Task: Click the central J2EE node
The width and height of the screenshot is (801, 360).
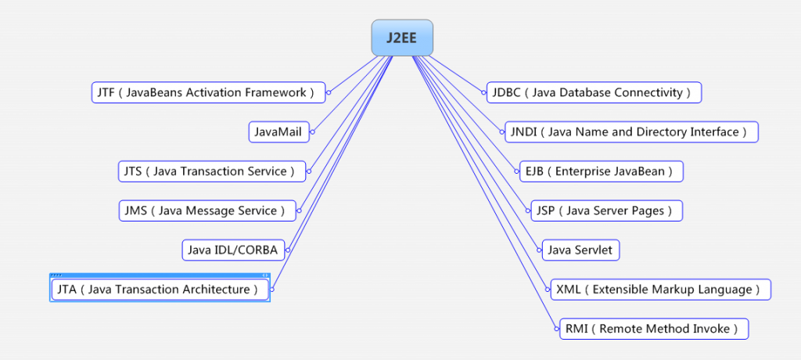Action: pyautogui.click(x=402, y=38)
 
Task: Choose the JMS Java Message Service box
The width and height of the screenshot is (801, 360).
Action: pyautogui.click(x=207, y=211)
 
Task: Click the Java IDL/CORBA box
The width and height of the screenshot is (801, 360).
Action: pyautogui.click(x=232, y=250)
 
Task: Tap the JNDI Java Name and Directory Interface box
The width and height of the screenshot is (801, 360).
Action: pyautogui.click(x=630, y=132)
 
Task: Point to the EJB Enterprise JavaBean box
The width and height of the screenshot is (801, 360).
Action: pyautogui.click(x=601, y=171)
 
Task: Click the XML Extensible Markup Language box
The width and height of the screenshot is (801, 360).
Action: pyautogui.click(x=659, y=290)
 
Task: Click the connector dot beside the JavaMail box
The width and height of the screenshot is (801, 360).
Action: pyautogui.click(x=312, y=132)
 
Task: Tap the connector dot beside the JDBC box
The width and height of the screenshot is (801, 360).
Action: pyautogui.click(x=483, y=92)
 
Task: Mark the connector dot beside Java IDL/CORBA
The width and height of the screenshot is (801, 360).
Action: pyautogui.click(x=287, y=250)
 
